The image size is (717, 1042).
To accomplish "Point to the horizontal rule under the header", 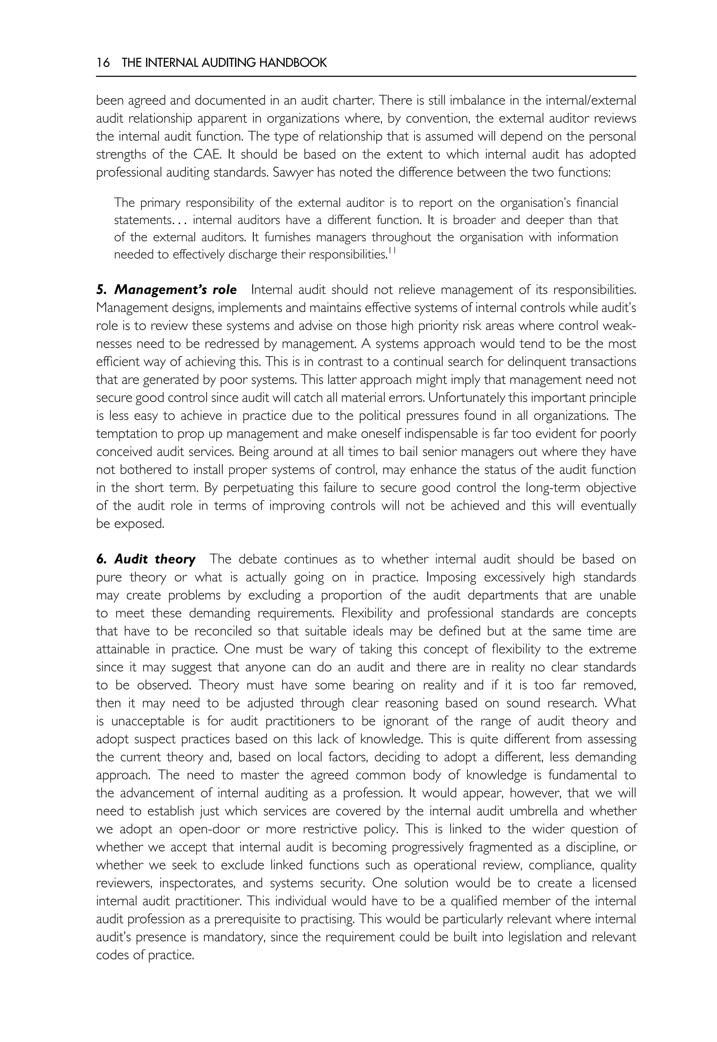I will pos(366,76).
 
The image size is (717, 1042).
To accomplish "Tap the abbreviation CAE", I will pos(208,154).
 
